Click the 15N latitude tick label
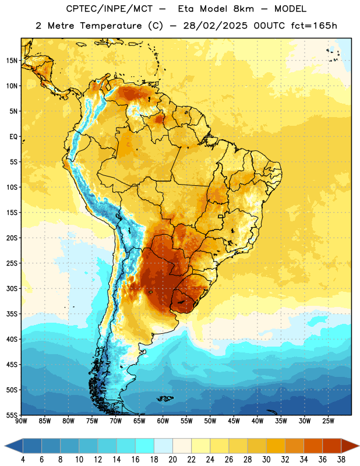[x=12, y=61]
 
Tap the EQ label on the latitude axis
[x=13, y=137]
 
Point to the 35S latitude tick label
[x=12, y=314]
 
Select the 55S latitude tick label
[x=12, y=415]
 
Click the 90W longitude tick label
[x=21, y=421]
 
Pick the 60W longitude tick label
[x=163, y=421]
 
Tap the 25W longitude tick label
[x=328, y=421]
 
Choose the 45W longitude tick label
[x=234, y=421]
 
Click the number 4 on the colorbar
[x=23, y=460]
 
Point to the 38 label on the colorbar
[x=341, y=460]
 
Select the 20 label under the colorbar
[x=172, y=460]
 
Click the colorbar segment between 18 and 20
[x=163, y=446]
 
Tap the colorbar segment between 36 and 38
[x=332, y=446]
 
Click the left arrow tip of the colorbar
[x=5, y=446]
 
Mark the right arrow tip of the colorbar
[x=359, y=446]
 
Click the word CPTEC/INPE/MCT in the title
[x=110, y=9]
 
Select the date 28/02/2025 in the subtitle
[x=215, y=26]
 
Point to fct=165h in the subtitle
[x=314, y=26]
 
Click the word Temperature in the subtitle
[x=110, y=26]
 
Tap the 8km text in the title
[x=243, y=9]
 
